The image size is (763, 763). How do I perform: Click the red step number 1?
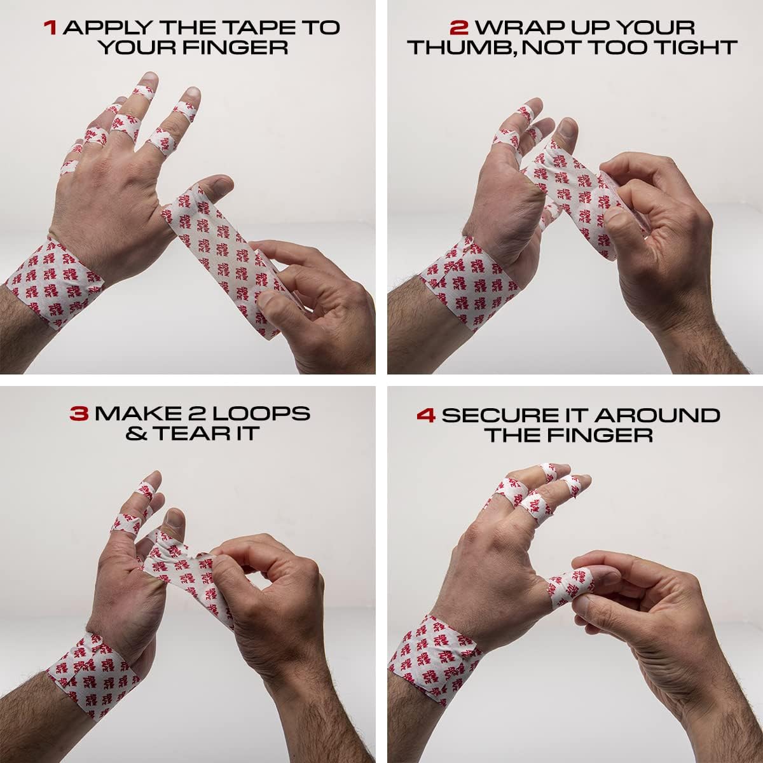(x=50, y=28)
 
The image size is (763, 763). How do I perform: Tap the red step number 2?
(x=458, y=28)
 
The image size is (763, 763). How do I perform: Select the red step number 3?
(x=79, y=413)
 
